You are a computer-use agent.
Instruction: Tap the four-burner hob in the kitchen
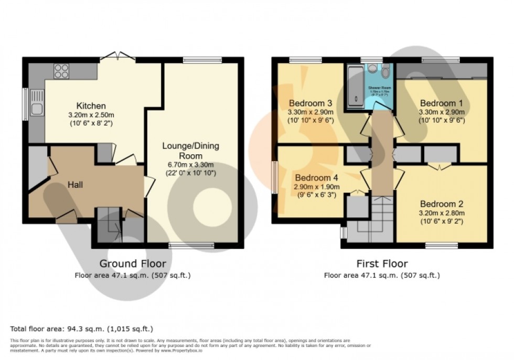click(x=61, y=71)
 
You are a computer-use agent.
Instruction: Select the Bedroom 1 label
click(x=441, y=103)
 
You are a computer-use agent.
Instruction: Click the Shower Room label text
click(x=377, y=87)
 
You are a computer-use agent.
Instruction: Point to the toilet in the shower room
click(x=385, y=72)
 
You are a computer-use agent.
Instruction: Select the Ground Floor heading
click(x=133, y=263)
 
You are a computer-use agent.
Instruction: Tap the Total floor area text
click(x=82, y=329)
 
